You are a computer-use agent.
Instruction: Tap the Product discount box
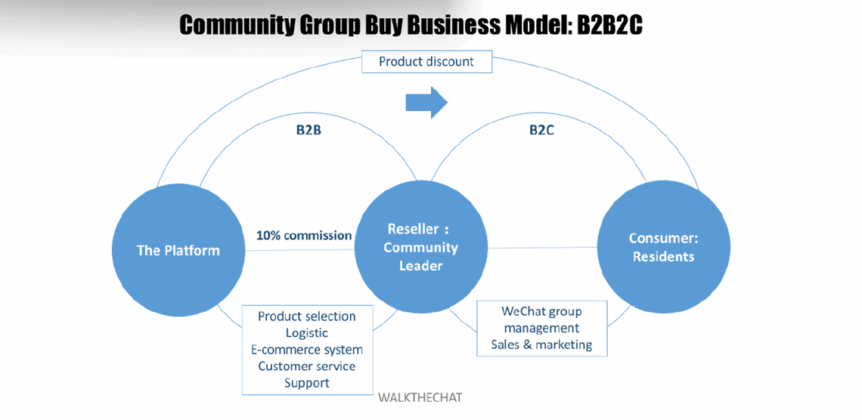pos(426,61)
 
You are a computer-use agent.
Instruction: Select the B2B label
pos(309,130)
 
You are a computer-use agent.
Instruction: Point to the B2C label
pos(541,130)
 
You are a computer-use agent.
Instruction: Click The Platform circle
pos(178,250)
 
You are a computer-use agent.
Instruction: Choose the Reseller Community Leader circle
pos(421,247)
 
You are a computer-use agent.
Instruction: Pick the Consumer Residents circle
pos(663,247)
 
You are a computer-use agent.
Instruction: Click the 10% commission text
pos(304,235)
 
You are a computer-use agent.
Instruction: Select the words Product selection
pos(306,316)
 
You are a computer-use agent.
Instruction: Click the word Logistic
pos(306,332)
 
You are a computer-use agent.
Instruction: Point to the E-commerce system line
pos(306,350)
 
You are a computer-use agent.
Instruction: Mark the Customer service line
pos(306,366)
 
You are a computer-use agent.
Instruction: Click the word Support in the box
pos(306,383)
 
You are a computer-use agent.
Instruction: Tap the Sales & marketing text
pos(541,344)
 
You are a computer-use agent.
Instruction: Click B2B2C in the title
pos(609,26)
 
